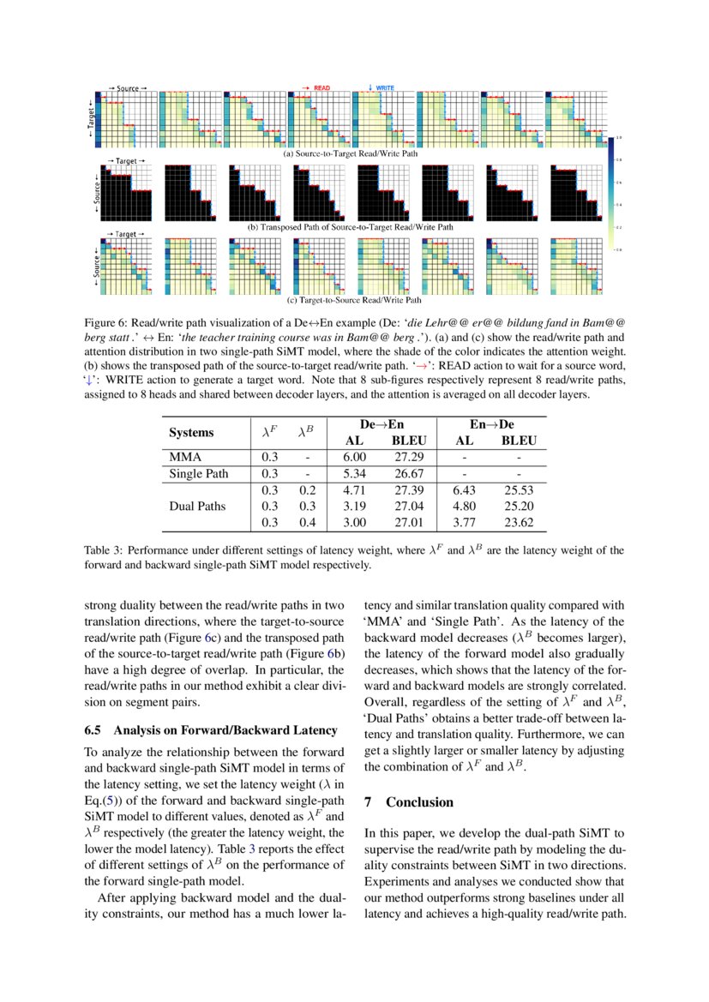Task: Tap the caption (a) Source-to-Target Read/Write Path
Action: pyautogui.click(x=351, y=154)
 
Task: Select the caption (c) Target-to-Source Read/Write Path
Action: pyautogui.click(x=352, y=301)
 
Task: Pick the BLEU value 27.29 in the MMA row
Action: pyautogui.click(x=408, y=458)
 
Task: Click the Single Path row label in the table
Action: pyautogui.click(x=199, y=474)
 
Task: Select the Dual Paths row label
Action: pyautogui.click(x=198, y=506)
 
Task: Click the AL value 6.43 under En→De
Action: pyautogui.click(x=464, y=490)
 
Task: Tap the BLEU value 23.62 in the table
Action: pyautogui.click(x=517, y=522)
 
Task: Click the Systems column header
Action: pyautogui.click(x=191, y=433)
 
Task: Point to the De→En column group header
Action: pyautogui.click(x=382, y=425)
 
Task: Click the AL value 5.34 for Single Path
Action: pyautogui.click(x=354, y=474)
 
